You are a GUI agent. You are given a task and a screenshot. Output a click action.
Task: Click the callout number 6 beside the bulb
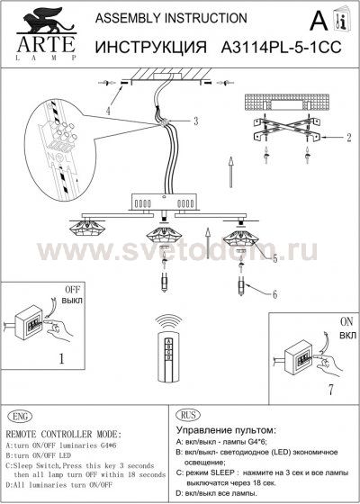click(x=275, y=293)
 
